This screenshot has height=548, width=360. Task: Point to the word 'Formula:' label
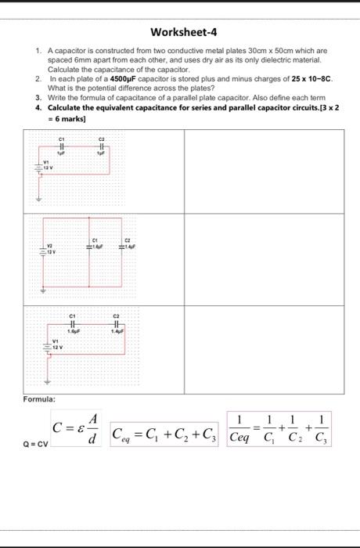pos(38,398)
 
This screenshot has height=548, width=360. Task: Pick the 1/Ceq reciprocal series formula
pos(279,429)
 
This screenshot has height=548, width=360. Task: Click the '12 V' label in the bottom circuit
pos(57,347)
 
